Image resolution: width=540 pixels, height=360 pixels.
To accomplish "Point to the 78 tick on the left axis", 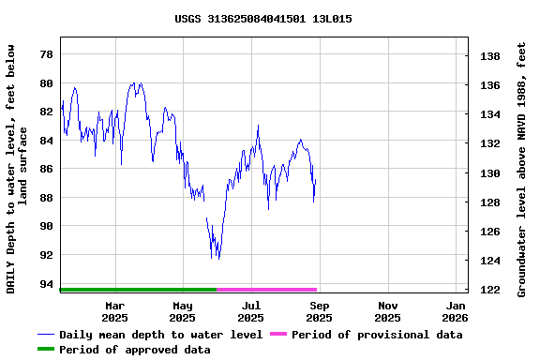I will [46, 54].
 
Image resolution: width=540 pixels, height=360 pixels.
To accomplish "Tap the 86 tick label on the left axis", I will [46, 169].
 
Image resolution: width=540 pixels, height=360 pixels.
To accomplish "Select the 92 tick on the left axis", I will [46, 255].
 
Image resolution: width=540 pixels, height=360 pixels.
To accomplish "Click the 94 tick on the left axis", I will [46, 284].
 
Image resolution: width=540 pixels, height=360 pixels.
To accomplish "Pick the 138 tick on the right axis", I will [489, 56].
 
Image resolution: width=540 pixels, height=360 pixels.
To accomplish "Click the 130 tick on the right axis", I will [489, 173].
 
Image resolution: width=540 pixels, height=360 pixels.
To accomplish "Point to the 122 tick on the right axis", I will [489, 290].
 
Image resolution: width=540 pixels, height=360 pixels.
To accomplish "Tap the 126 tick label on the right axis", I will [489, 232].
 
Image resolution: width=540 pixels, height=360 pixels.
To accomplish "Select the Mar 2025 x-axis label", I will [114, 311].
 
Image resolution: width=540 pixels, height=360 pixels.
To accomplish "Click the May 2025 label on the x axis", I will [183, 311].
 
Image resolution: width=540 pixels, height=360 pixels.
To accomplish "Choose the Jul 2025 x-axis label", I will [251, 311].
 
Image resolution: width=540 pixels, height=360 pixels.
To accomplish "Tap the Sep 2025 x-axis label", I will [320, 311].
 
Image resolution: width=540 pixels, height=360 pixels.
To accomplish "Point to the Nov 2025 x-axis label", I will [388, 311].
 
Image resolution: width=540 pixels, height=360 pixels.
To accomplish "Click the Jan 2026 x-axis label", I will [457, 311].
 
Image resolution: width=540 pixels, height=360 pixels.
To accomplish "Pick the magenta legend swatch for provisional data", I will [277, 335].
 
